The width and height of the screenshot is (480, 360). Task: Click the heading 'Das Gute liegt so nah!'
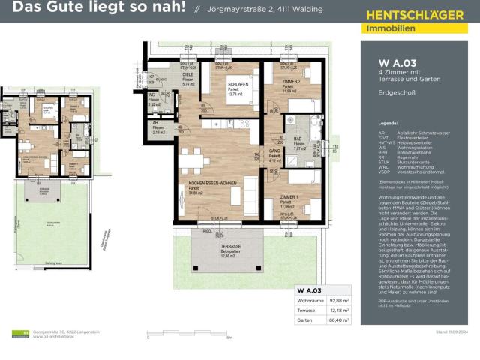click(x=94, y=10)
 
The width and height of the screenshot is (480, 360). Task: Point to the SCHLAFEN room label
click(x=240, y=85)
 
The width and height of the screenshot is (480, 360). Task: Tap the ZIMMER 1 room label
click(x=289, y=196)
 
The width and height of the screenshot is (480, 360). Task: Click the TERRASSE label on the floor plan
click(x=230, y=246)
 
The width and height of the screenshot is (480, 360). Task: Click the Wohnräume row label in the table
click(x=310, y=301)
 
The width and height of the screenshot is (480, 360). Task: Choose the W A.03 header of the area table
click(x=309, y=289)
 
